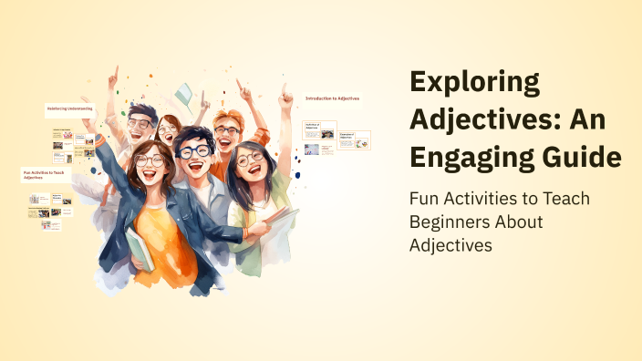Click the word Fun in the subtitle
coord(426,198)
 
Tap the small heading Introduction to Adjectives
coord(333,98)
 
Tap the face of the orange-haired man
coord(227,133)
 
